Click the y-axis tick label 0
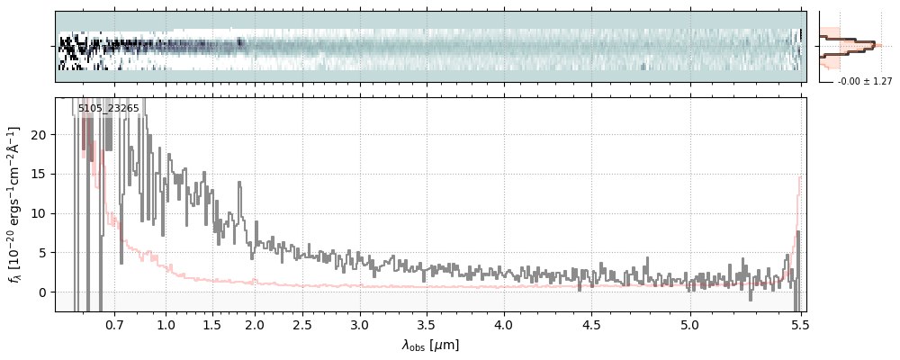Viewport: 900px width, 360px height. (40, 292)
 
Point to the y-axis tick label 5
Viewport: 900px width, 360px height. (40, 253)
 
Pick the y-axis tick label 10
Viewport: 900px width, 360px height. (38, 213)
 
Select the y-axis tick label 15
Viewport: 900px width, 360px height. (38, 174)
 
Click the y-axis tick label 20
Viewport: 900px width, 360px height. (38, 134)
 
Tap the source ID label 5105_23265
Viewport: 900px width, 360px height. (108, 108)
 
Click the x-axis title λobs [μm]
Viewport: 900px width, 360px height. (430, 345)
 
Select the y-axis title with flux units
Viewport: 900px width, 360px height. (14, 205)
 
